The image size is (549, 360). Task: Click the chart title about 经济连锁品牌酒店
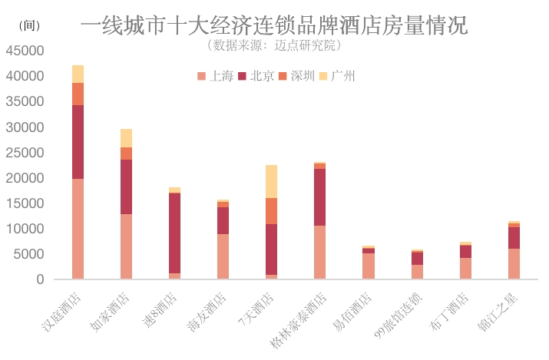point(273,26)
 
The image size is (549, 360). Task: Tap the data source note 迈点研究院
point(273,45)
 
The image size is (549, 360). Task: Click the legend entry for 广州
point(339,75)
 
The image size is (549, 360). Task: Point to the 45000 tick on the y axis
point(25,51)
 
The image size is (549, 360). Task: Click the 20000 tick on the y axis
point(25,178)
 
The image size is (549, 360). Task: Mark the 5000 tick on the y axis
point(28,254)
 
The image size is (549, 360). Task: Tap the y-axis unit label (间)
point(28,25)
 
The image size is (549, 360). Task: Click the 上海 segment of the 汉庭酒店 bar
point(78,229)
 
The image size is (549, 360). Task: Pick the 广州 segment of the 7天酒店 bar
point(271,181)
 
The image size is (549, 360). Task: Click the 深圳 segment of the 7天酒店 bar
point(271,211)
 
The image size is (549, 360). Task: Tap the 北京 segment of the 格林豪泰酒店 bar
point(319,197)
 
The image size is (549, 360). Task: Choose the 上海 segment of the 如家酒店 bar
point(126,246)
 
